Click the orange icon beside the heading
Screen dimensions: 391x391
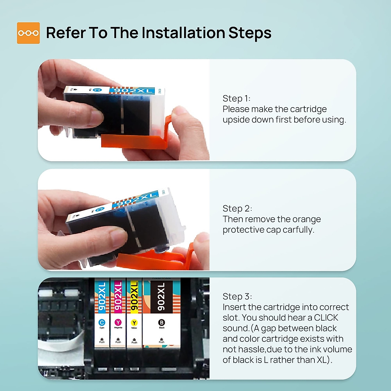click(x=28, y=33)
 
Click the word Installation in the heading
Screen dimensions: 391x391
click(x=183, y=33)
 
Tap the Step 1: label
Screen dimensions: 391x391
click(x=236, y=99)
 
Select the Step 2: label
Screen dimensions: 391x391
click(x=237, y=209)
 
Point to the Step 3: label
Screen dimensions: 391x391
click(x=237, y=297)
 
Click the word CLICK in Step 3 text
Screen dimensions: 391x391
click(x=326, y=318)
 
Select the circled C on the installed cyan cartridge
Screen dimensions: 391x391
click(x=102, y=322)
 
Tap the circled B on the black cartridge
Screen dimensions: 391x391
click(x=162, y=323)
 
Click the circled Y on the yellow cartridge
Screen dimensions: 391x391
click(x=134, y=323)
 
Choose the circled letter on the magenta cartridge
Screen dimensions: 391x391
click(x=118, y=322)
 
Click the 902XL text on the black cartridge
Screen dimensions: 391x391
click(x=161, y=297)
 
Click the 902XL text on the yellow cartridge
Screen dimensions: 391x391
click(x=134, y=296)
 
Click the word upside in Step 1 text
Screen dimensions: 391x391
click(x=236, y=120)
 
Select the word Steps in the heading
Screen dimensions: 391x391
click(x=250, y=33)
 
